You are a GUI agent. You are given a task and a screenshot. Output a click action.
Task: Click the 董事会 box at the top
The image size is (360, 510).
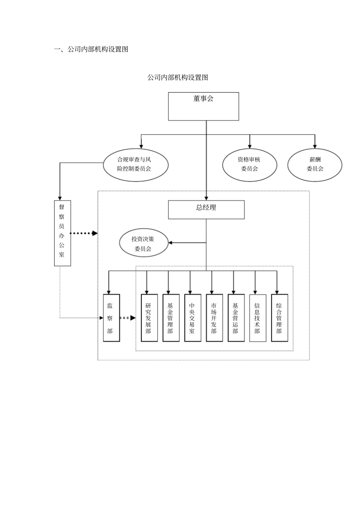pos(203,106)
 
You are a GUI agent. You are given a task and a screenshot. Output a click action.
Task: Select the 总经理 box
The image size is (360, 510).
pos(206,210)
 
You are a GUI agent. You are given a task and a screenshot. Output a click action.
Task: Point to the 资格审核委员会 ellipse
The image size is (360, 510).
pos(249,165)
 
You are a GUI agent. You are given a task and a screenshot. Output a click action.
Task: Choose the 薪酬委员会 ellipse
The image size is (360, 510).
pos(315,165)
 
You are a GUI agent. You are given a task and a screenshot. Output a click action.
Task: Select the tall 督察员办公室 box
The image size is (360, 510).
pos(62,233)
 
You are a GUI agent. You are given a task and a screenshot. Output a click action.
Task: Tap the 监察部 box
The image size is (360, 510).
pos(111,318)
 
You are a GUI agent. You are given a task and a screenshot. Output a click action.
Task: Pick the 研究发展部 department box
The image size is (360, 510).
pos(149,318)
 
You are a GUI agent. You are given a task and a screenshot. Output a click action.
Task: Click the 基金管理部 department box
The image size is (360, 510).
pos(171,318)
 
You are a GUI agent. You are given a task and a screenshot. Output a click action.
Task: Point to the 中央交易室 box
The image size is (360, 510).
pos(193,318)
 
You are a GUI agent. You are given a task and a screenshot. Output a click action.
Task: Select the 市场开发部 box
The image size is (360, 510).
pos(214,318)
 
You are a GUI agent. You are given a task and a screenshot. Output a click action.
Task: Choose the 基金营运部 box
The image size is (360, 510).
pos(236,318)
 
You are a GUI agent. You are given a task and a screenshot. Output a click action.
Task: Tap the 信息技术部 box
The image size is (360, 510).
pos(258,318)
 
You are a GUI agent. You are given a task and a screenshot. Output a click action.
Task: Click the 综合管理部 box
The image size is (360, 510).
pos(279,318)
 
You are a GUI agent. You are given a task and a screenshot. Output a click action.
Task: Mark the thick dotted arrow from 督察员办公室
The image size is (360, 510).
pos(84,233)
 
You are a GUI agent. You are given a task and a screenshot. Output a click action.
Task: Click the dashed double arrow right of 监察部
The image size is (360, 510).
pos(127,318)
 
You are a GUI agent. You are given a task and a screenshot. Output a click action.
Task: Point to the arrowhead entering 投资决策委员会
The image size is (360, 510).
pos(171,243)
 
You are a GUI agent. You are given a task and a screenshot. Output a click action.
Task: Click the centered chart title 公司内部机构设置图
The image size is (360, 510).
pos(178,77)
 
